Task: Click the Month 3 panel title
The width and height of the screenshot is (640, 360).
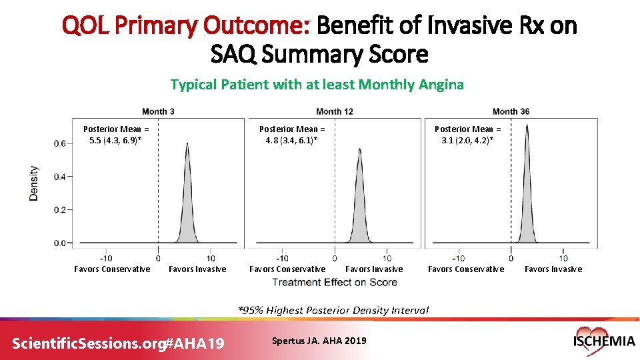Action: [158, 111]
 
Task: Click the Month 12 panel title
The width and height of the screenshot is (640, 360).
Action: [334, 111]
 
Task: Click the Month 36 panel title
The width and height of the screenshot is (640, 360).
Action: [511, 111]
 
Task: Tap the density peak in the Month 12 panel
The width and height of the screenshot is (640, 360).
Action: [360, 150]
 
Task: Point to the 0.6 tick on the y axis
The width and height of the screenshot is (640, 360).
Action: [59, 143]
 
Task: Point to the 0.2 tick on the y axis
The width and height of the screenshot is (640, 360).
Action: [59, 210]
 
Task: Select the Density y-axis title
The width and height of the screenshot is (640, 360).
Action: [34, 183]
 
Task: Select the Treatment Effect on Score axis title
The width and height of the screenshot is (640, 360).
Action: [334, 282]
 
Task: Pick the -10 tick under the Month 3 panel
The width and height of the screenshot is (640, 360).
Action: [105, 258]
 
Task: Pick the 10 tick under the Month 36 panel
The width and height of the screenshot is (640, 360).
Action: [563, 258]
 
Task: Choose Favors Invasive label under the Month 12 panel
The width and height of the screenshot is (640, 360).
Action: [374, 269]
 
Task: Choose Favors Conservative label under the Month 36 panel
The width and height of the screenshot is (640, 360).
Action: [466, 269]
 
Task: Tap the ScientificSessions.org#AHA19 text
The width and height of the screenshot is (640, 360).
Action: [119, 343]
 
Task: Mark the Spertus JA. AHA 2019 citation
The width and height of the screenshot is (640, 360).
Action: [319, 341]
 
